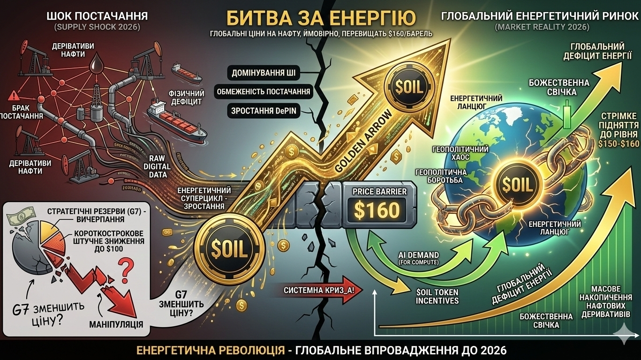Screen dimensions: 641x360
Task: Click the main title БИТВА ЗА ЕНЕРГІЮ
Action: click(x=321, y=18)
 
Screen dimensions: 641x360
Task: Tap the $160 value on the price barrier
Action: click(x=377, y=210)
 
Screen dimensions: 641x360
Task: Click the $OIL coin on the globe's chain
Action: click(x=517, y=185)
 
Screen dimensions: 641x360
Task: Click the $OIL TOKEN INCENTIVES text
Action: click(x=437, y=296)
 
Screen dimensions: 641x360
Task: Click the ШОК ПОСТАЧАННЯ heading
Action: click(x=98, y=16)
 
